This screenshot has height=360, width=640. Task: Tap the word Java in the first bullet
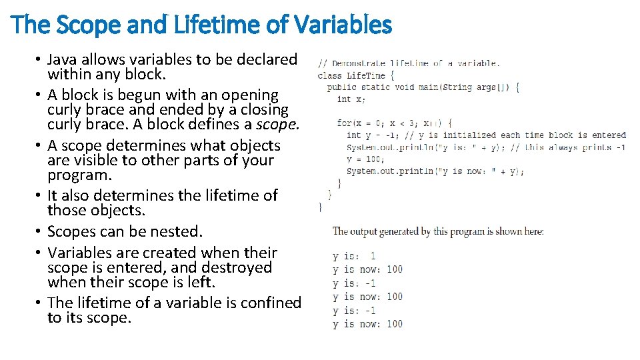[63, 59]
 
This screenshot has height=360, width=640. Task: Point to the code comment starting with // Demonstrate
[408, 63]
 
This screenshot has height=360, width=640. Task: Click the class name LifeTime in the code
[366, 75]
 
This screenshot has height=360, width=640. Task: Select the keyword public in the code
[342, 87]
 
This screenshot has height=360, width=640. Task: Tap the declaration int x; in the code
[351, 99]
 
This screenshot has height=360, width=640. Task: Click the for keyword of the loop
[344, 123]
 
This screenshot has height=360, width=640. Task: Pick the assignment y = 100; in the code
[365, 159]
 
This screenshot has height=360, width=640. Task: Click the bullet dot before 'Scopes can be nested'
[39, 232]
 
